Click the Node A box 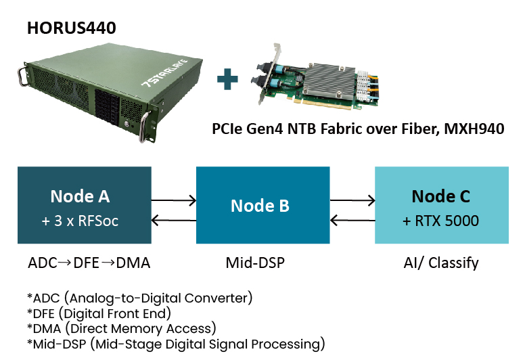coord(80,206)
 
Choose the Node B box coord(262,206)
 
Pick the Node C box coord(442,206)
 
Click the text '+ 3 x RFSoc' coord(80,221)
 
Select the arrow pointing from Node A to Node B coord(174,200)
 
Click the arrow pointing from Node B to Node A coord(174,220)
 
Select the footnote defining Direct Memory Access coord(122,329)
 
